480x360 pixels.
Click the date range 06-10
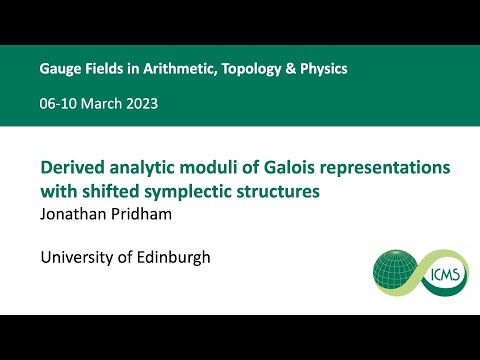coord(58,104)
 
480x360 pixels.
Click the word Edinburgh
coord(175,257)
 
